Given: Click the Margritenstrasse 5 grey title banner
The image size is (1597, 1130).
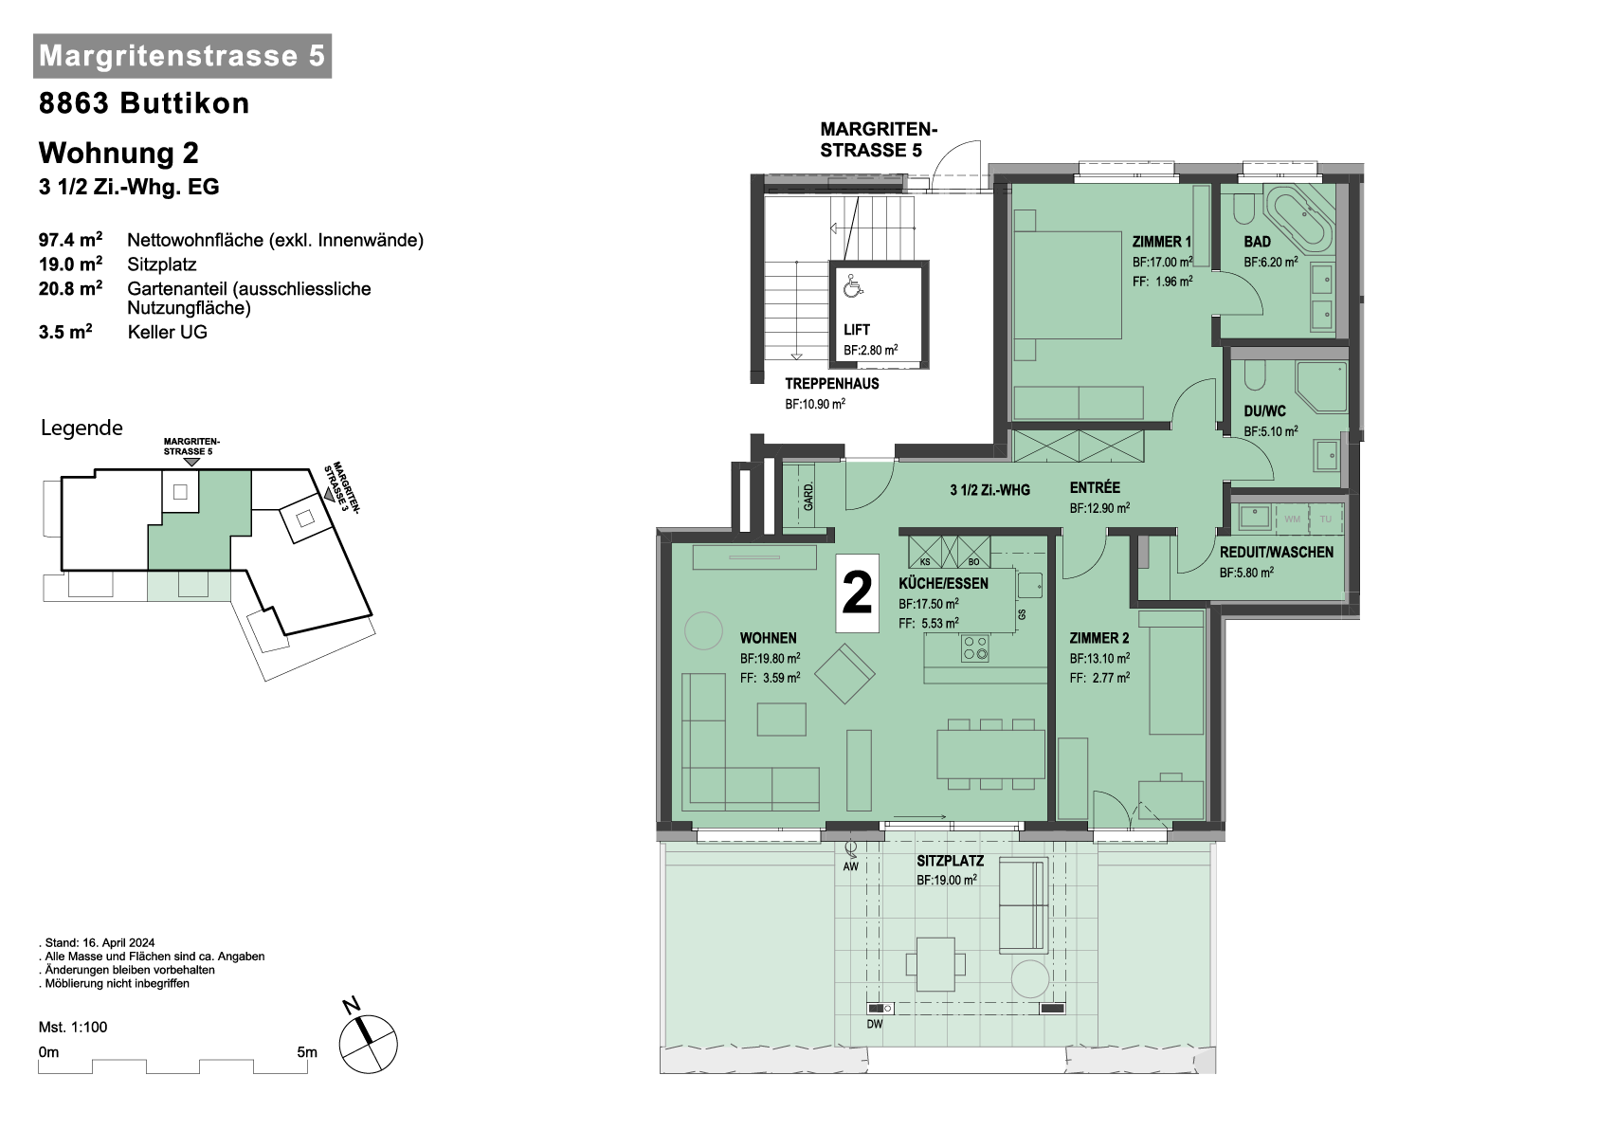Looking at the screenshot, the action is point(183,56).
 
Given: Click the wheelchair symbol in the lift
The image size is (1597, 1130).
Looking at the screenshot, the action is point(853,285).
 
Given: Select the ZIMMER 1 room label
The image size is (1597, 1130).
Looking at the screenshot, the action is point(1161,242).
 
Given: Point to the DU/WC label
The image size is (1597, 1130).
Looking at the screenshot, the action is point(1264,411).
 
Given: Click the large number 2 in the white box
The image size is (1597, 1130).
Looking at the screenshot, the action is point(857,593).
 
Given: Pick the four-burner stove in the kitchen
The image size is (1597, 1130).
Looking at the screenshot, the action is point(974,648).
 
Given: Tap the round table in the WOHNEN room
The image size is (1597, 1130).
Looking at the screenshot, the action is point(703,631).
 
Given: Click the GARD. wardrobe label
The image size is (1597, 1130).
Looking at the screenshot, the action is point(808,497).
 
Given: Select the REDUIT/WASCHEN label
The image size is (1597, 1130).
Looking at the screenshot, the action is point(1276,553).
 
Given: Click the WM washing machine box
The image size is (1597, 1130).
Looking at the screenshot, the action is point(1293,519).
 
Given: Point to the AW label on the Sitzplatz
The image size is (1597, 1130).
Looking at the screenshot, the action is point(850,866).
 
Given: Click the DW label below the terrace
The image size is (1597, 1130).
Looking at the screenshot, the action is point(875,1025).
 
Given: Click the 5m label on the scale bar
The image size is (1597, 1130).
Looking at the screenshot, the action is point(307,1052).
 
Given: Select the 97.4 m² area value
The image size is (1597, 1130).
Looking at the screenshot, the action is point(70,240).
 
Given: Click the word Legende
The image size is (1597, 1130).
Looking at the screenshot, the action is point(82,428).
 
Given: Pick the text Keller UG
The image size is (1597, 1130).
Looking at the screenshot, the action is point(168,332).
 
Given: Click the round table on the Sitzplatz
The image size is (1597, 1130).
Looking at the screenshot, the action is point(1030,979).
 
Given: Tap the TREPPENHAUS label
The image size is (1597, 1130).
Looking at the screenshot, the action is point(832,384).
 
